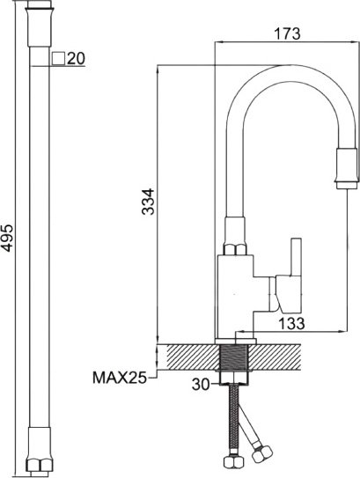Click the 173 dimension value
pyautogui.click(x=287, y=33)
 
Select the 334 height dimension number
pyautogui.click(x=149, y=202)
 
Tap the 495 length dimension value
pyautogui.click(x=7, y=239)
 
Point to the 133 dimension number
pyautogui.click(x=291, y=323)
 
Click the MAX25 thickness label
pyautogui.click(x=120, y=378)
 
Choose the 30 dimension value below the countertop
pyautogui.click(x=201, y=385)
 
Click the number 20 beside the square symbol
pyautogui.click(x=76, y=58)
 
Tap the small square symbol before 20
pyautogui.click(x=58, y=58)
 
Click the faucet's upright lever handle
pyautogui.click(x=296, y=257)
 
